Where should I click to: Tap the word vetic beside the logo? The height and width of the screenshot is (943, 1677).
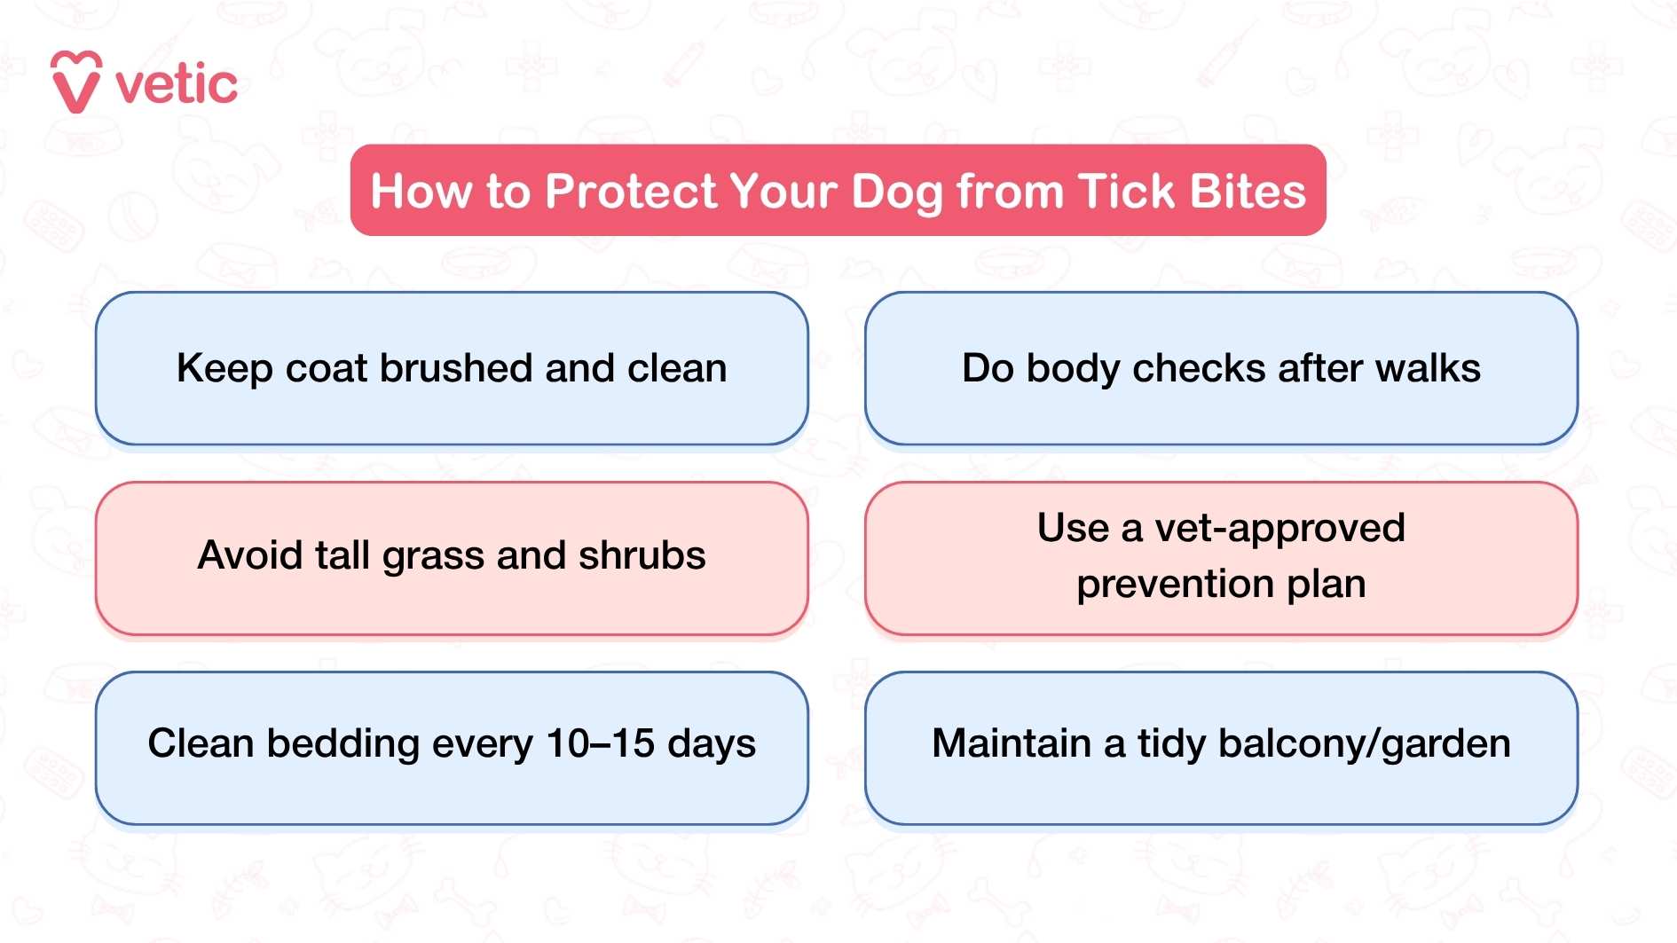coord(177,85)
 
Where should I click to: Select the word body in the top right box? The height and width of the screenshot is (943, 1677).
coord(1074,369)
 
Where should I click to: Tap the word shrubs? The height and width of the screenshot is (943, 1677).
coord(642,556)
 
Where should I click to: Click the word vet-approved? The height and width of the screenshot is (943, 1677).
coord(1279,529)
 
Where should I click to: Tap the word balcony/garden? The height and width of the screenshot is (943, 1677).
coord(1364,744)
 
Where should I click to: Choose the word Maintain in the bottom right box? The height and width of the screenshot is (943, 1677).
coord(1012,743)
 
